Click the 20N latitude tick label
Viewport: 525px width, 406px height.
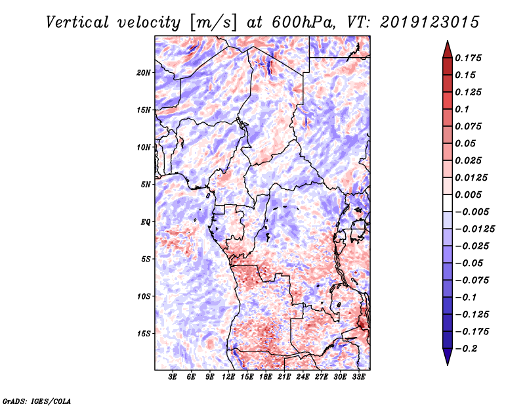[144, 72]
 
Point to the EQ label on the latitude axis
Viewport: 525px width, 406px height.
[145, 221]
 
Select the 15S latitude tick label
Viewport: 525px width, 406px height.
[144, 333]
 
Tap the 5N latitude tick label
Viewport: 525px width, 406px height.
[146, 184]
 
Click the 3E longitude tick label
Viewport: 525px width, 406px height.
[173, 377]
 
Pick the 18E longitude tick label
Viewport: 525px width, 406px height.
[266, 377]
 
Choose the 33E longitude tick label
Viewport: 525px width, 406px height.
[358, 377]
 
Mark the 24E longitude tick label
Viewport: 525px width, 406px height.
[303, 377]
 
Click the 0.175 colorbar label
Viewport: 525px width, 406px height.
[469, 58]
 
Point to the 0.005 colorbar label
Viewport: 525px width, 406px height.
[469, 194]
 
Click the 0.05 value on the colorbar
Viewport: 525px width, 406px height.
[466, 143]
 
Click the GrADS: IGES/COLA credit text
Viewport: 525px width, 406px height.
[36, 400]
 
